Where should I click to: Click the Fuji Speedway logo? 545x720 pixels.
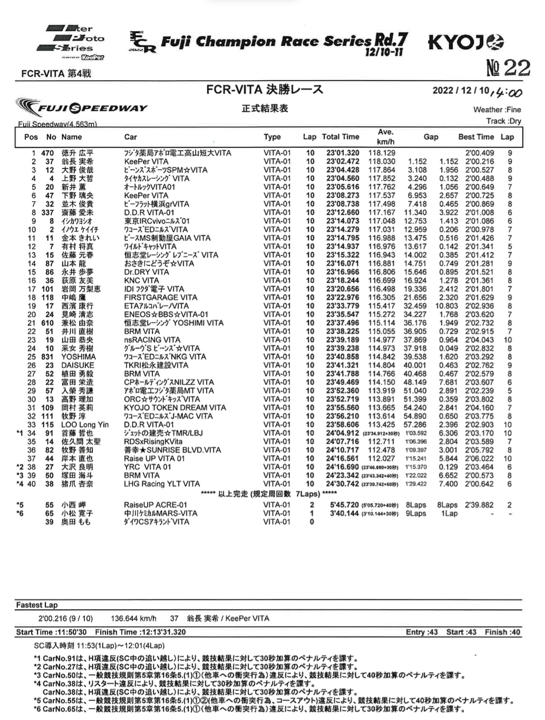[x=82, y=108]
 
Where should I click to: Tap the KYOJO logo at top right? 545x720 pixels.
[x=466, y=42]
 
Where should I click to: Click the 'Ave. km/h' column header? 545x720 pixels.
[x=385, y=137]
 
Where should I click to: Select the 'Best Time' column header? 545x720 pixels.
[x=476, y=137]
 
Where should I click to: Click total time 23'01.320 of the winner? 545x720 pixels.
[x=343, y=153]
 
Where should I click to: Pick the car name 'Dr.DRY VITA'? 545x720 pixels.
[x=147, y=272]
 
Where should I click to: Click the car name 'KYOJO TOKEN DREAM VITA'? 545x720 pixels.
[x=174, y=407]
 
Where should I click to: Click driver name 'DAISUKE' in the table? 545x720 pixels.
[x=77, y=365]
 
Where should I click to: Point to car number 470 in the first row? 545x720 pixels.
[x=47, y=153]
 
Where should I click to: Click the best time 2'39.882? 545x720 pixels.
[x=479, y=505]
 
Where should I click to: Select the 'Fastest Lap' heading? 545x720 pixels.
[x=37, y=605]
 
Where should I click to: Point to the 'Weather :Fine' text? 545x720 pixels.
[x=497, y=110]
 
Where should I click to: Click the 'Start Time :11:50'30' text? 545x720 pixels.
[x=52, y=632]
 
